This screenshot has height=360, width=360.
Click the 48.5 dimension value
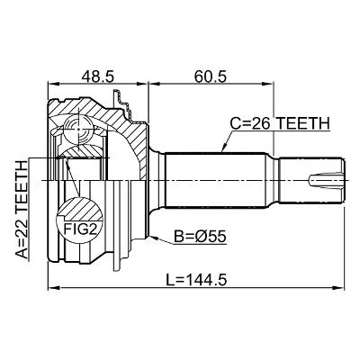coord(98,76)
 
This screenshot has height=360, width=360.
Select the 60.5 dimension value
coord(211,76)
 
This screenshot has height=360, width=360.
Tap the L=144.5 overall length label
coord(196,280)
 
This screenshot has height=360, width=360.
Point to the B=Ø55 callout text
coord(201,237)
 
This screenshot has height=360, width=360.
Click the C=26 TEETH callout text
coord(280,123)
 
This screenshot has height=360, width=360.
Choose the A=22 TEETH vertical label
coord(22,210)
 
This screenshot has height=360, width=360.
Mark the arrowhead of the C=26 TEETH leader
coord(223,149)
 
